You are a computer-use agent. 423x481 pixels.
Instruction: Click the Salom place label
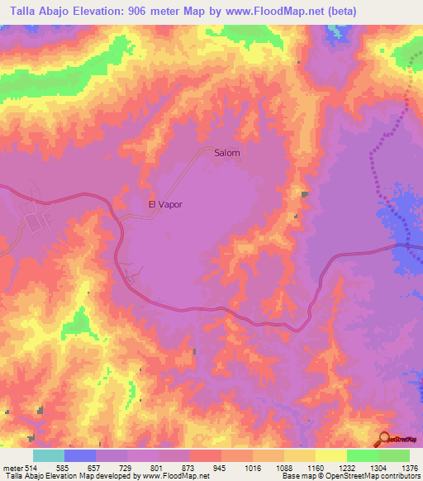pos(227,153)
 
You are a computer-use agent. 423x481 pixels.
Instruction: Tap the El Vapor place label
pos(164,204)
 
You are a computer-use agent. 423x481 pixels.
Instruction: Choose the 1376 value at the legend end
pos(409,468)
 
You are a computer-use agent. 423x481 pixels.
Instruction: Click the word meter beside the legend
pos(12,468)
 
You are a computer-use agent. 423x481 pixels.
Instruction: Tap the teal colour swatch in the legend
pos(49,455)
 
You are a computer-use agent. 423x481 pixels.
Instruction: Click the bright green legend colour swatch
pos(362,455)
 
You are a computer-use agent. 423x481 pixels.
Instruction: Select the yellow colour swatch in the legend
pos(330,455)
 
